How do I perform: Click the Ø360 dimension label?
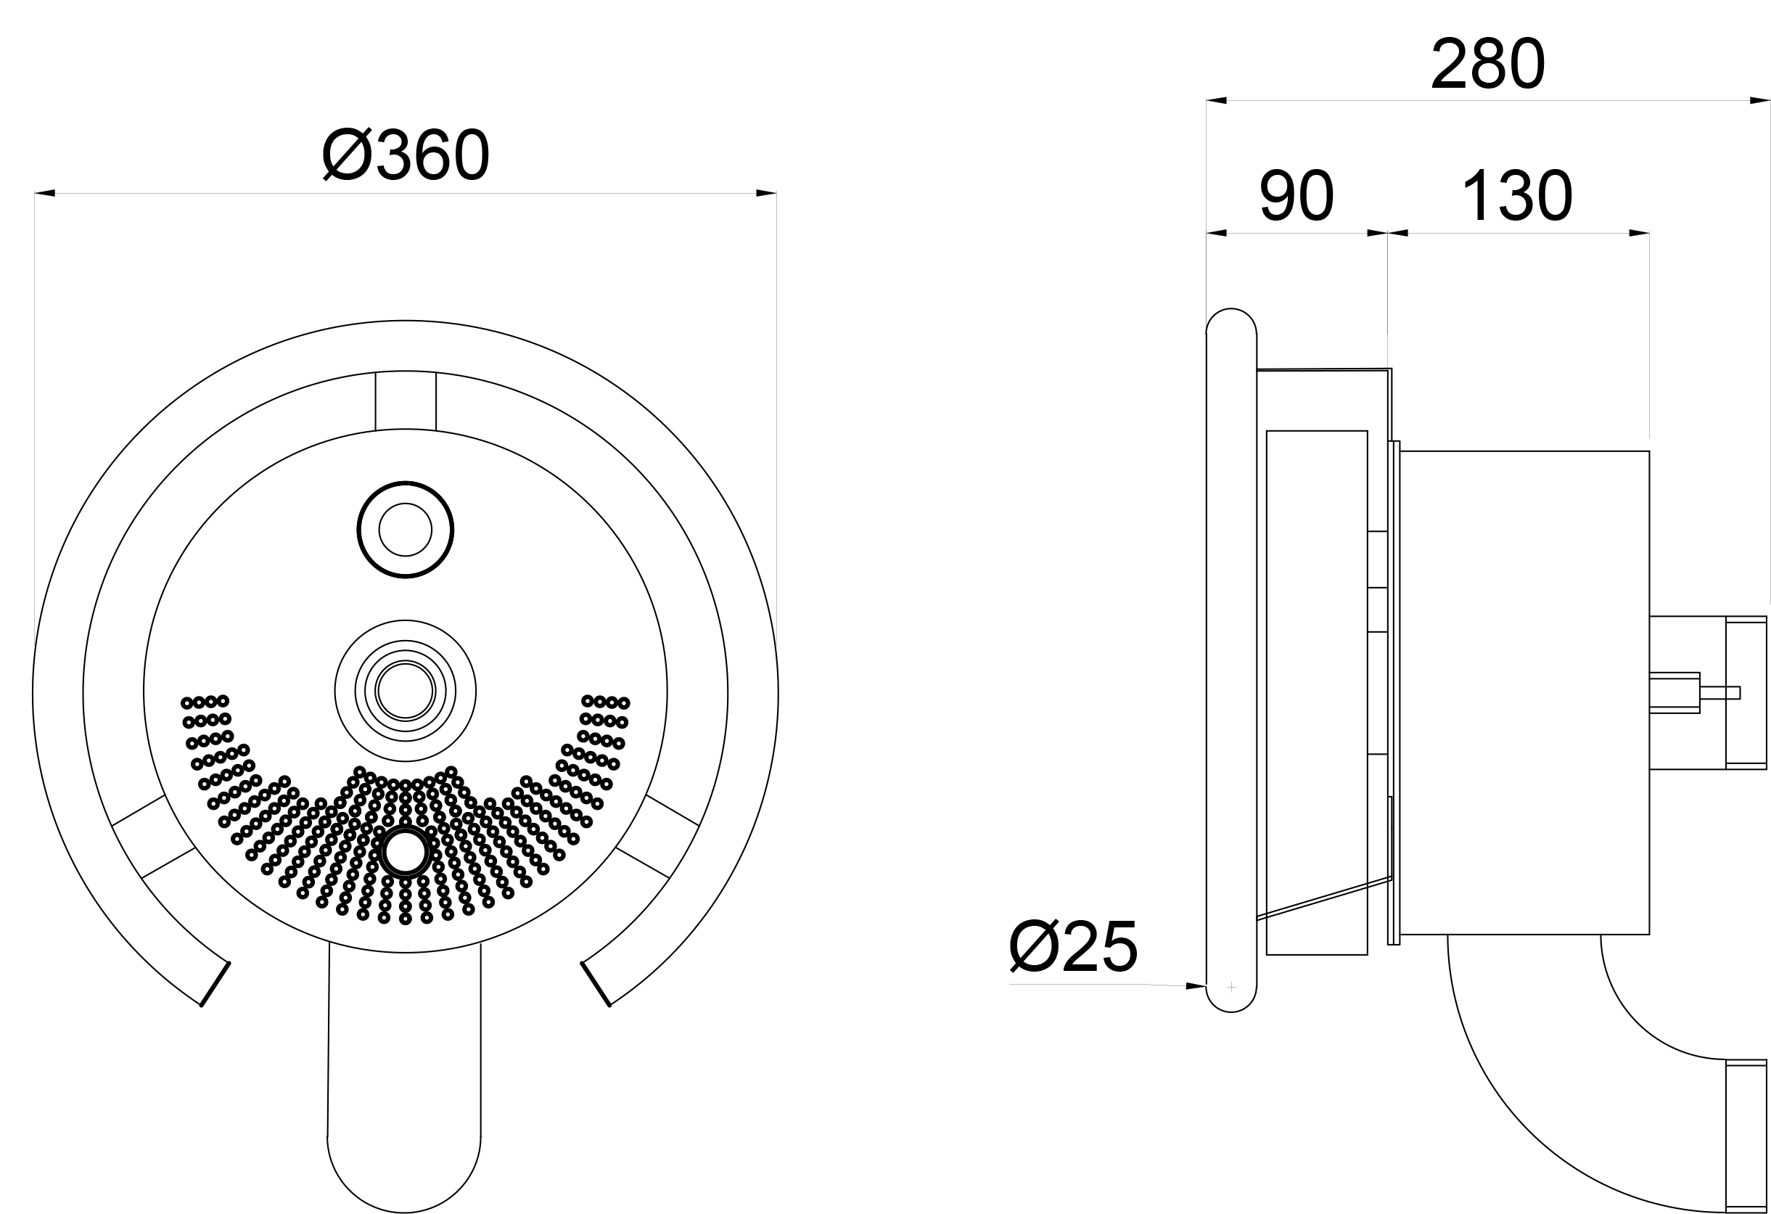point(406,155)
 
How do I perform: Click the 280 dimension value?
point(1487,64)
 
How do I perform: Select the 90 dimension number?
point(1297,196)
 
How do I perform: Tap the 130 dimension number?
point(1517,196)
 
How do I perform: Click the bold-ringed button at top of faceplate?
point(406,530)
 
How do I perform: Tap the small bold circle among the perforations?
point(406,853)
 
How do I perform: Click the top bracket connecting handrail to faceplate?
point(406,401)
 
